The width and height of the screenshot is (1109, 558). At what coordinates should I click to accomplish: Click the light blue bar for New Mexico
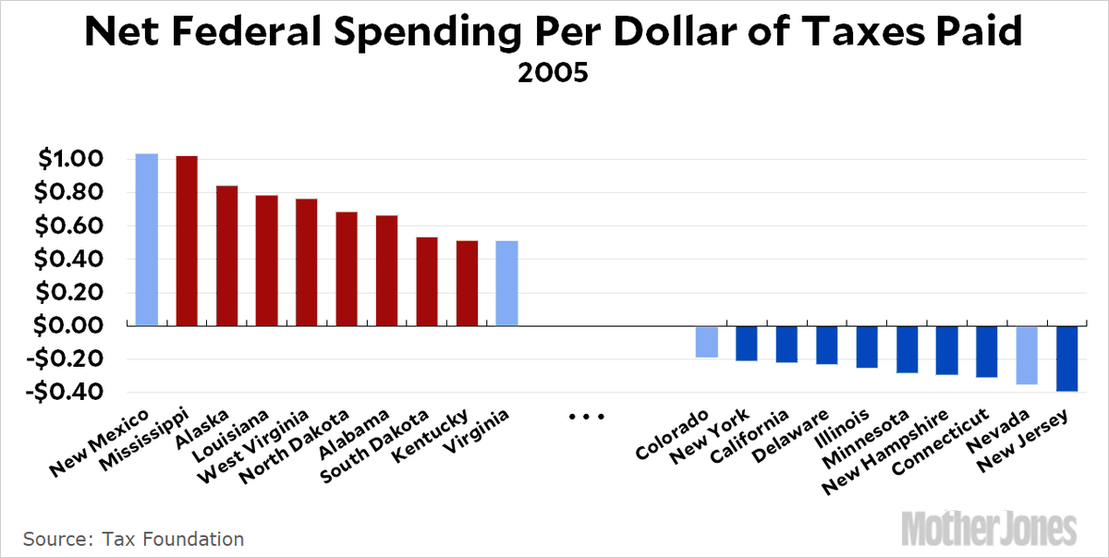tap(146, 240)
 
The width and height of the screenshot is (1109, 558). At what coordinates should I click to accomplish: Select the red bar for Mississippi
tap(187, 241)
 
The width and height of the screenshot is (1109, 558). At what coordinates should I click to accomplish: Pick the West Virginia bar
tap(307, 262)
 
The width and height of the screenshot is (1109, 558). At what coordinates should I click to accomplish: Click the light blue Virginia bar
tap(506, 283)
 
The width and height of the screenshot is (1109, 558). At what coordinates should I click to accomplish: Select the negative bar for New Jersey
tap(1067, 358)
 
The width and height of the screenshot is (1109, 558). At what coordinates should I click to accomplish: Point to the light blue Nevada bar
tap(1027, 355)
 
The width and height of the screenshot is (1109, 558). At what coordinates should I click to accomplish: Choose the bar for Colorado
tap(707, 342)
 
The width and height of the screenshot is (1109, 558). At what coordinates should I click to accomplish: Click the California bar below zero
tap(786, 344)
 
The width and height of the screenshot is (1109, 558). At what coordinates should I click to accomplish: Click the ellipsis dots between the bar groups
tap(585, 418)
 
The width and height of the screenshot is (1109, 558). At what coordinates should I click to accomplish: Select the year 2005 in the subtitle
tap(553, 73)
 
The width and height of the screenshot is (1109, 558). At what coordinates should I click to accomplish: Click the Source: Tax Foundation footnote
tap(134, 539)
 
